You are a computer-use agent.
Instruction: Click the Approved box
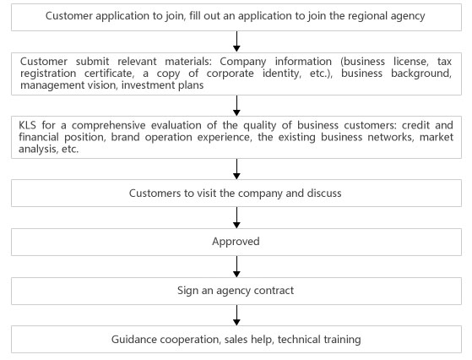tap(236, 242)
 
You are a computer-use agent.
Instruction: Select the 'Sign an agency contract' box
tap(236, 291)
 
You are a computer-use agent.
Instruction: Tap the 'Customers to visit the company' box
tap(236, 194)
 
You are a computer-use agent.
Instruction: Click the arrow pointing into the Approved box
tap(236, 217)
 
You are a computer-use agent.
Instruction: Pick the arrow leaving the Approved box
tap(236, 266)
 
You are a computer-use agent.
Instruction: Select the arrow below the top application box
tap(236, 41)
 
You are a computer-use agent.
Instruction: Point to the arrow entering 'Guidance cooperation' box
tap(236, 315)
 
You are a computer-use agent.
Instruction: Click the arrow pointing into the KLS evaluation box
tap(236, 106)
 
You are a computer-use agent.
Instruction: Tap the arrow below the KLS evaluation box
tap(236, 169)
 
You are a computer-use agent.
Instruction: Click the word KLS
tap(27, 125)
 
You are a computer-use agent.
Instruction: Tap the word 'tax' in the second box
tap(444, 62)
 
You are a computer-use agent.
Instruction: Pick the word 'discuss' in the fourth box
tap(324, 194)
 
